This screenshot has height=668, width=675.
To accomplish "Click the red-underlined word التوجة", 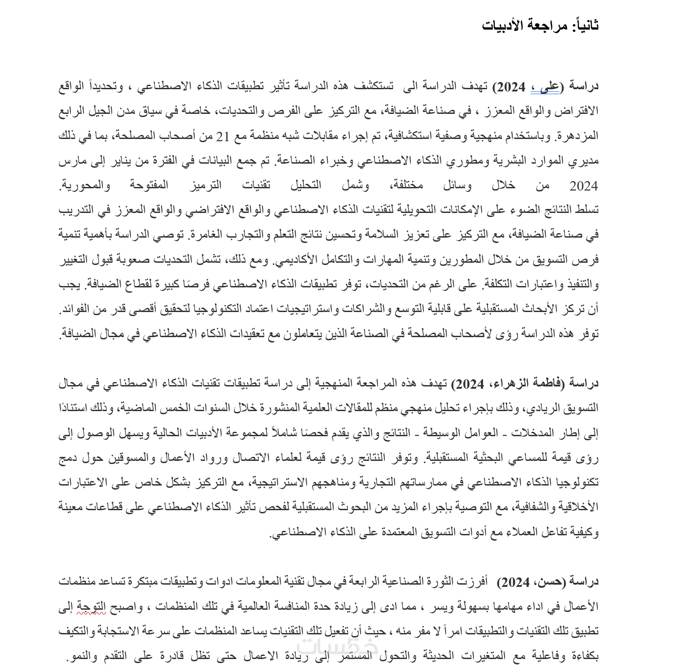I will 91,607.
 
